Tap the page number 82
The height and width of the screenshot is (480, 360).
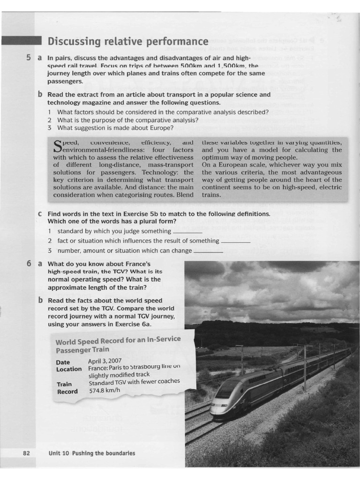click(x=26, y=453)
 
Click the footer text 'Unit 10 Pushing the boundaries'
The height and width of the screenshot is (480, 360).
click(x=91, y=453)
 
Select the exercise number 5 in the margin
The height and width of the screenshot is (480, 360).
click(x=29, y=58)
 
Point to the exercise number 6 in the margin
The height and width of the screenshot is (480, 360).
click(x=29, y=263)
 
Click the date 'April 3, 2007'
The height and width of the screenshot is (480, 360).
click(x=105, y=361)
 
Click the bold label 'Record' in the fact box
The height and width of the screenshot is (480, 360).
click(x=67, y=392)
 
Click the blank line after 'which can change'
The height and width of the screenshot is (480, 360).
click(x=208, y=252)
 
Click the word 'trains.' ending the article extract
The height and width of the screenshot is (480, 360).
click(x=211, y=195)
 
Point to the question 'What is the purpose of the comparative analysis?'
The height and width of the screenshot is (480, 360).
click(x=127, y=120)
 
